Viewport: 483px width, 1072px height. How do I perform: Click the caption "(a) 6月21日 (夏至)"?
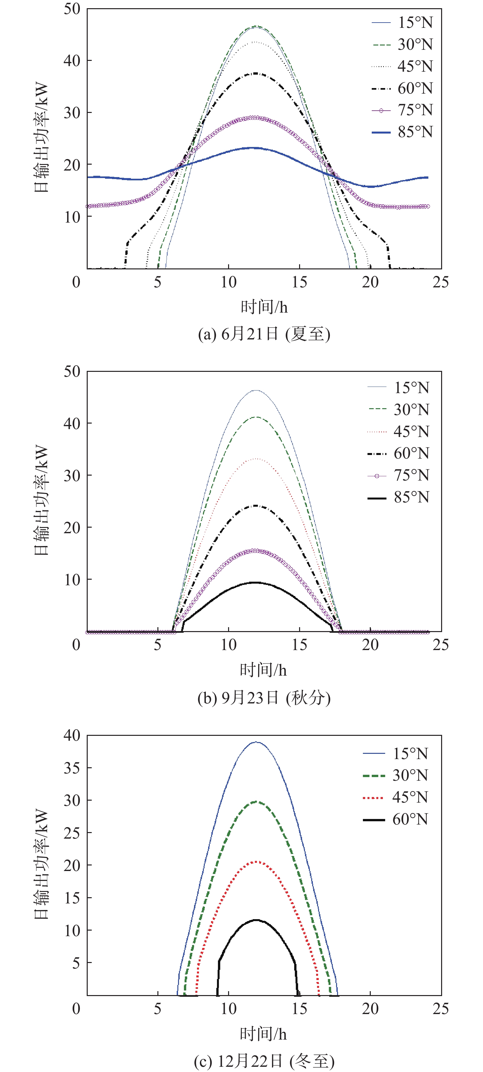264,334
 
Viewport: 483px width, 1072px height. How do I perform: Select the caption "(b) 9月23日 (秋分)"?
264,698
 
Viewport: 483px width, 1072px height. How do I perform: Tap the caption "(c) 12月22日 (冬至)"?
264,1061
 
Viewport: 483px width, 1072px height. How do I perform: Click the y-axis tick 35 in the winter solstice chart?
72,768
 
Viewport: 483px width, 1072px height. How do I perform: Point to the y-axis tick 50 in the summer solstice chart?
72,9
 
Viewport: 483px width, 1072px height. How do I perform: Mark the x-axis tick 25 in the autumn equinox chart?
440,645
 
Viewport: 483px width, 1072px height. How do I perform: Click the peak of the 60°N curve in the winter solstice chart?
256,920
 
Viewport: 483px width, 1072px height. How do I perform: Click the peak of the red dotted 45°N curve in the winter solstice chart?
256,862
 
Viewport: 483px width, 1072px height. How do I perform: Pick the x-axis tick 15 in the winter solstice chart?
299,1009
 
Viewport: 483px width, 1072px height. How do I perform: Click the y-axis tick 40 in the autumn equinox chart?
72,423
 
